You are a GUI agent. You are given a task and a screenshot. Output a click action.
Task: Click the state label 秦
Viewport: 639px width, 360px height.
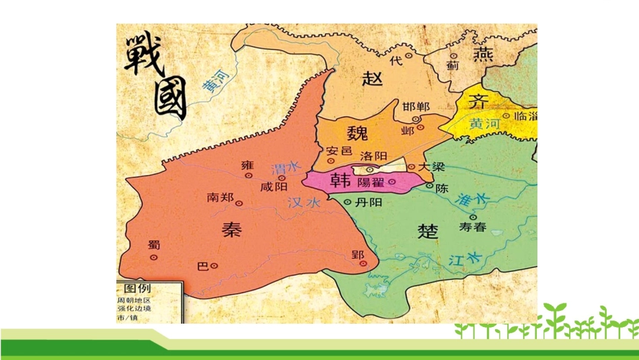(x=231, y=229)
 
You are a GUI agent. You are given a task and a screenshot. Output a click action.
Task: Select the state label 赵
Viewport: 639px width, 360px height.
(x=372, y=78)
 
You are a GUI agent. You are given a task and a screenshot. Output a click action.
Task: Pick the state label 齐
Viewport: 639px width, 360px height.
(x=478, y=102)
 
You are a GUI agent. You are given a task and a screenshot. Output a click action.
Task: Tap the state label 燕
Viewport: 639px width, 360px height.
(x=483, y=55)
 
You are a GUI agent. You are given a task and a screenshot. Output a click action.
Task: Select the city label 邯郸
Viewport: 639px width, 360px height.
(x=416, y=107)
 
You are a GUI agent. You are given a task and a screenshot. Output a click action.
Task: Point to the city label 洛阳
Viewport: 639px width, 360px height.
(x=374, y=156)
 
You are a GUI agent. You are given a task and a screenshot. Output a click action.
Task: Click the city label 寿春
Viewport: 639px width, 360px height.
(x=472, y=227)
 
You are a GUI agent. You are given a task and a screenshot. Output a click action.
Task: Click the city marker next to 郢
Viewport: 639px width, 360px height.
(x=363, y=264)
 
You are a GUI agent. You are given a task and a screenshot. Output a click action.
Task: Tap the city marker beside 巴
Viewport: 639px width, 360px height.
(x=215, y=266)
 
